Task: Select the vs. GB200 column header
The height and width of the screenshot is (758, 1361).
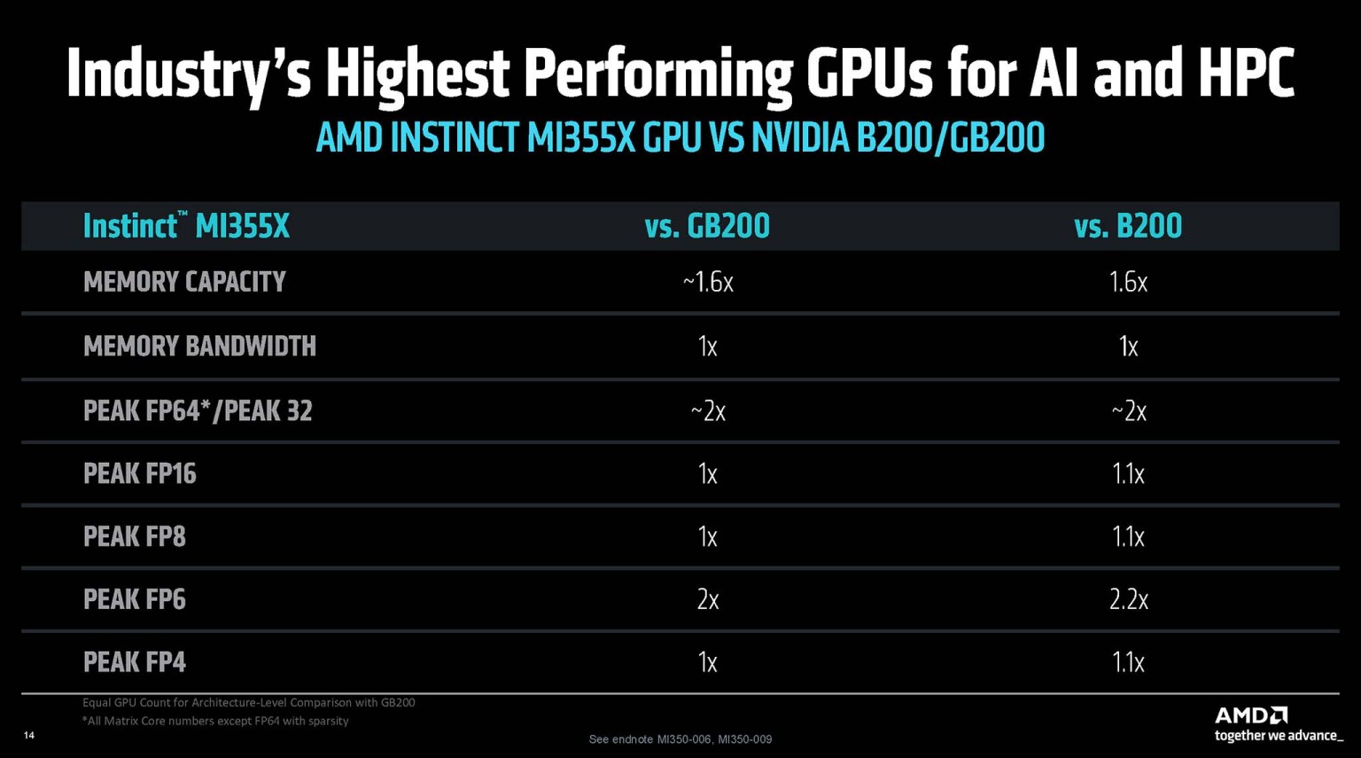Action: point(707,226)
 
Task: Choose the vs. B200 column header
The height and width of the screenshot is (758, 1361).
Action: point(1128,226)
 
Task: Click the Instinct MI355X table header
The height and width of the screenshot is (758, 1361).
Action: point(186,226)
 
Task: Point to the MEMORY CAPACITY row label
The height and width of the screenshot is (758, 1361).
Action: point(184,282)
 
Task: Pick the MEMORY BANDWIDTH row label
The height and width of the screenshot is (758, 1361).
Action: point(199,346)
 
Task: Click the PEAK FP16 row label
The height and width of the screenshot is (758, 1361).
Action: point(139,473)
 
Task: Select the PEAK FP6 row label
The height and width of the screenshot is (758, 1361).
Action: point(134,599)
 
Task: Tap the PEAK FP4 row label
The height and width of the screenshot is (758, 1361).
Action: point(134,662)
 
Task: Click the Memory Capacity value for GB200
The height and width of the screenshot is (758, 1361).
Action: point(707,282)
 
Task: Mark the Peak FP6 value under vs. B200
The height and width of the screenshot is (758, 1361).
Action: point(1128,599)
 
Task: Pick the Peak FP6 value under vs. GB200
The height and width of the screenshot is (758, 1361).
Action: point(707,599)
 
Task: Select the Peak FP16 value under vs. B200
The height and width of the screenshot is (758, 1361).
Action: point(1128,473)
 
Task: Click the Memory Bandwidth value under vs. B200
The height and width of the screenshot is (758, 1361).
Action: point(1128,346)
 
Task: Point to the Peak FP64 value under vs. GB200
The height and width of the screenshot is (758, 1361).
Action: point(707,410)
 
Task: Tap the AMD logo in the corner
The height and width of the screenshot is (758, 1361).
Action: point(1250,715)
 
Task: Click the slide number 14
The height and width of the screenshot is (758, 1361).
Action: point(29,735)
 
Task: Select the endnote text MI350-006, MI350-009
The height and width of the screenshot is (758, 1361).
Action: point(714,739)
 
